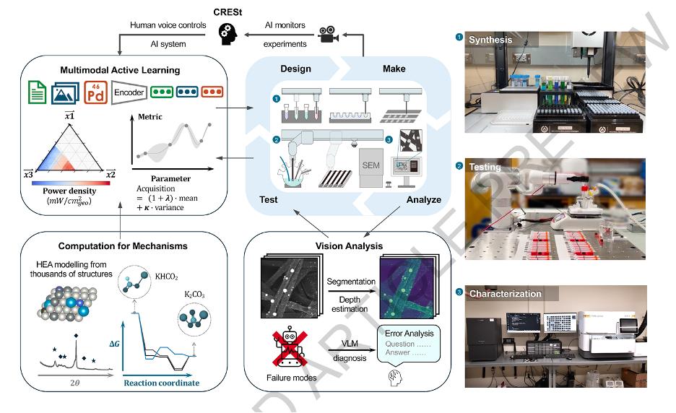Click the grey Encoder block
[130, 92]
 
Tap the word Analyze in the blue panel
[423, 199]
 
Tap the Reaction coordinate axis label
[161, 383]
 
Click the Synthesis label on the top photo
[493, 40]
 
